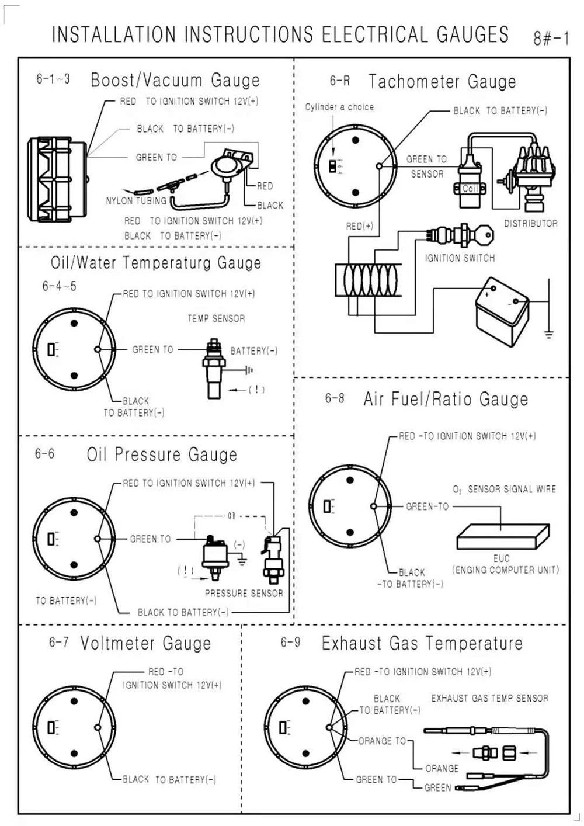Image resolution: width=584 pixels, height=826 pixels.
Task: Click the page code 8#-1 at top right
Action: [x=551, y=39]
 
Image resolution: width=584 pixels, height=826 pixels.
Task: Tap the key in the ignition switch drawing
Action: [x=484, y=236]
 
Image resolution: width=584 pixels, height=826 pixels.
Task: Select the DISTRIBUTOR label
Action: [x=530, y=224]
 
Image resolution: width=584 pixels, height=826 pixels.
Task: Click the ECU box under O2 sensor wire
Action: [x=502, y=536]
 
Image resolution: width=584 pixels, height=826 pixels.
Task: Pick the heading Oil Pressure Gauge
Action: [x=162, y=454]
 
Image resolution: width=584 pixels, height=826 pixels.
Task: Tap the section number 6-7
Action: [x=58, y=643]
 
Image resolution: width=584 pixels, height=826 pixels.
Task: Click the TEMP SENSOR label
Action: [x=216, y=318]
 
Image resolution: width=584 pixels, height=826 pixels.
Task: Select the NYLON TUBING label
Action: [x=136, y=201]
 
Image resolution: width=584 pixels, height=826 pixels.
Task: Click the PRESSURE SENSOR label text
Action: [x=244, y=593]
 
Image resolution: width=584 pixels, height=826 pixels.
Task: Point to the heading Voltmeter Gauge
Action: [x=145, y=643]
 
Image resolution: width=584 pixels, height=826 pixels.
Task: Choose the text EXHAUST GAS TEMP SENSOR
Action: [x=489, y=698]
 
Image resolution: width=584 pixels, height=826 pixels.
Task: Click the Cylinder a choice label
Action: [x=339, y=107]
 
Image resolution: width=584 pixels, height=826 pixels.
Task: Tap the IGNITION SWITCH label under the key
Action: [x=460, y=258]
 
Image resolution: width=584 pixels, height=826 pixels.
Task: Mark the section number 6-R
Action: [x=339, y=81]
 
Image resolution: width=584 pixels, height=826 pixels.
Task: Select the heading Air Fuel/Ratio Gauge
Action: [x=446, y=399]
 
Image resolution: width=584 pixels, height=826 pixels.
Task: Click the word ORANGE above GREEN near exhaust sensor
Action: [x=442, y=768]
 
